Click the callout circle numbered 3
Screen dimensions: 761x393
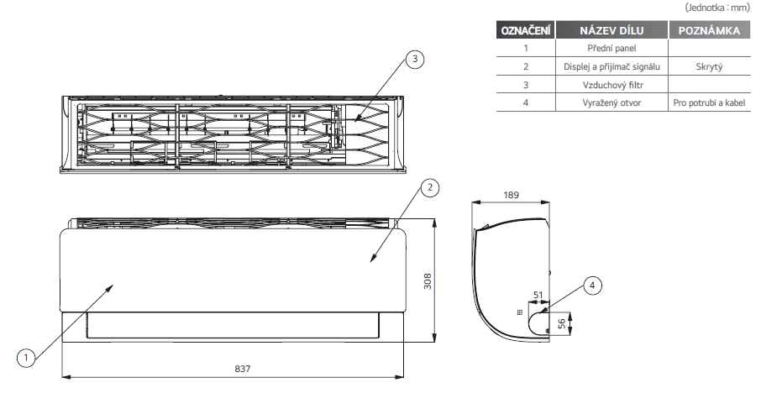coord(414,59)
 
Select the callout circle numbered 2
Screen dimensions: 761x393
coord(429,187)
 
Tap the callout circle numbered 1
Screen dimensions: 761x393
coord(26,359)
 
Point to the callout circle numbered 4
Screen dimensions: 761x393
coord(592,286)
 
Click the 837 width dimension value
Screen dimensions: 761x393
coord(243,369)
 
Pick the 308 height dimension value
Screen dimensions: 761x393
coord(428,281)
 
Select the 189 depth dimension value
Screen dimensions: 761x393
coord(511,195)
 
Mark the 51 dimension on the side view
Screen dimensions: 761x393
coord(538,295)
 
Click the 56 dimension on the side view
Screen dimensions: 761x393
coord(562,323)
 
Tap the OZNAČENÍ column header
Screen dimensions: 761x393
coord(526,30)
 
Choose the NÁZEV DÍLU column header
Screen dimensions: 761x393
coord(611,30)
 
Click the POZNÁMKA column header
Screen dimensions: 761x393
coord(710,30)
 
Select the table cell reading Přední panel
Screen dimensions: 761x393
coord(611,48)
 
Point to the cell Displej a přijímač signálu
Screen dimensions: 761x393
coord(611,66)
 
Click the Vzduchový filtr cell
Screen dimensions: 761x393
coord(613,85)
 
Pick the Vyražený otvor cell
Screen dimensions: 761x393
coord(611,102)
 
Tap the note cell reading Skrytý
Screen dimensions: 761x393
coord(709,67)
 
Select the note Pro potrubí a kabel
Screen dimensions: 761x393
coord(709,102)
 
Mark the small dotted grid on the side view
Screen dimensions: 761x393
coord(520,312)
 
